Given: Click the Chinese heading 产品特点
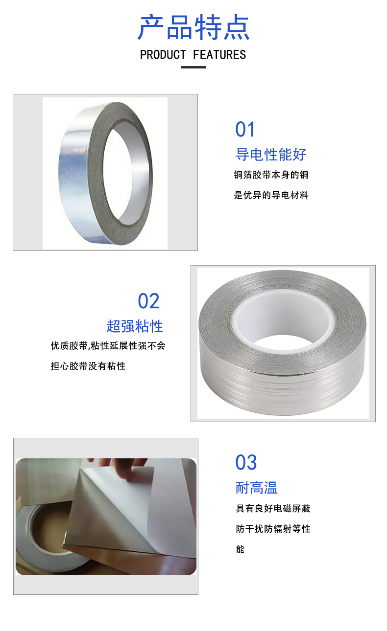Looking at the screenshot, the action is (193, 27).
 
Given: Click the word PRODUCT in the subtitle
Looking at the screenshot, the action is (163, 55).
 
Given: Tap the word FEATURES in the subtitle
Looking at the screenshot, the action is (219, 55).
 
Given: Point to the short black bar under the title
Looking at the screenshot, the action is (193, 68).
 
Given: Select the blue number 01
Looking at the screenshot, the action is (245, 129).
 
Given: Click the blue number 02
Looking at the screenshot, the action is (148, 301).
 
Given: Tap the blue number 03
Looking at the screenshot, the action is (246, 462).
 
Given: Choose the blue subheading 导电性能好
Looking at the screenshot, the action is (271, 155).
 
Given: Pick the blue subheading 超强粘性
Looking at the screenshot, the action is (135, 326).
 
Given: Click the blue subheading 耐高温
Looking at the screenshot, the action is (257, 488).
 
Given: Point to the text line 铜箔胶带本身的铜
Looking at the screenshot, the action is (271, 175).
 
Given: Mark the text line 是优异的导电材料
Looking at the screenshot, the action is (271, 195).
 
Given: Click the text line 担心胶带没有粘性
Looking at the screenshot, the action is (88, 366).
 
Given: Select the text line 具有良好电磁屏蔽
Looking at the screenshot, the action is (273, 508).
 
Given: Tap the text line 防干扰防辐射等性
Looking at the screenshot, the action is (273, 529).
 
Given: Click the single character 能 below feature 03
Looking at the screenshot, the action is (241, 549).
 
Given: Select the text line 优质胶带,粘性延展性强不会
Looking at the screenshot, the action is (108, 346).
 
